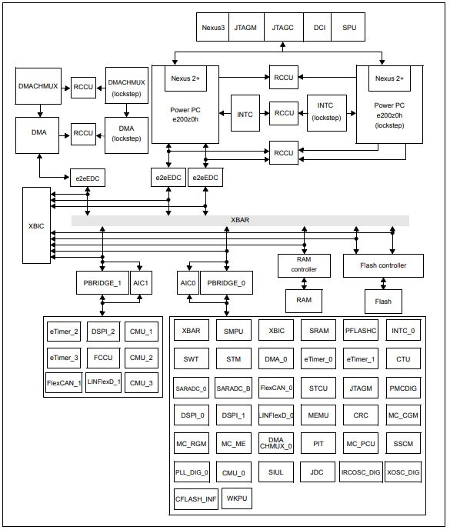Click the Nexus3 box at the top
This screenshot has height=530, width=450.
213,27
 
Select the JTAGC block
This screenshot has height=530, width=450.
283,27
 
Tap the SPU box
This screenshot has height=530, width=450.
349,27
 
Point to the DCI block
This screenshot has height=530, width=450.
319,27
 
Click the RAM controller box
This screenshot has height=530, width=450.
303,265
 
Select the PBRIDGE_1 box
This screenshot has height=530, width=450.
102,282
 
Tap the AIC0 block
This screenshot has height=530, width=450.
188,282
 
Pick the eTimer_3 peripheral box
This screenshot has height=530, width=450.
63,358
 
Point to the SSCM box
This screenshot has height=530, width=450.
402,444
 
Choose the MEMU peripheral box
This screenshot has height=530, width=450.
318,415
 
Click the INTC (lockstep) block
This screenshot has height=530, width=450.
325,112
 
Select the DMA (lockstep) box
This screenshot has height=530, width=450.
126,134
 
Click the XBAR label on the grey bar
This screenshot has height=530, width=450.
240,220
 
